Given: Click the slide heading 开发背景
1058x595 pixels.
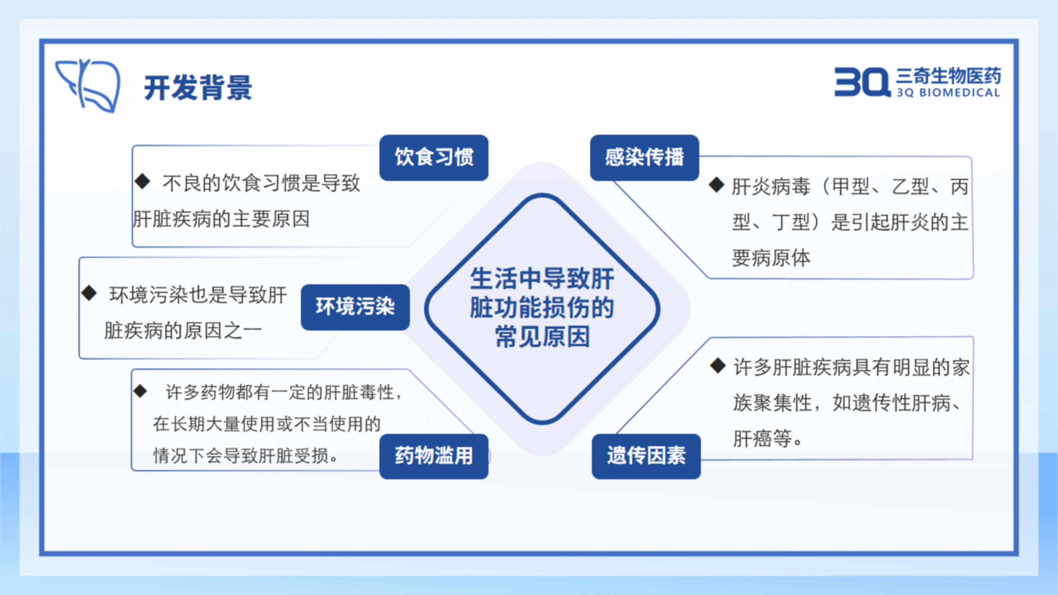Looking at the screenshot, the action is point(198,88).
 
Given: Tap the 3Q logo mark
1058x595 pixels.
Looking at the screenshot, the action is point(862,82).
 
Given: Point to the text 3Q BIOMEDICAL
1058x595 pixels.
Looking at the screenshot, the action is point(948,92).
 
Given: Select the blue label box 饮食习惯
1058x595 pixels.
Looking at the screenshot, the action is point(434,158).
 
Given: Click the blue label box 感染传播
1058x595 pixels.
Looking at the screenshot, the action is point(644,158).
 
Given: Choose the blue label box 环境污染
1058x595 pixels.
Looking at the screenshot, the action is point(355,307).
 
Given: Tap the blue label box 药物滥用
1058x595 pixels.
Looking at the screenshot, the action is point(434,456).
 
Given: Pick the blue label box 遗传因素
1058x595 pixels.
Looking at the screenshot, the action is point(646,456).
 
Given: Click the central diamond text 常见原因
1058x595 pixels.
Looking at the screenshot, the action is point(543,337).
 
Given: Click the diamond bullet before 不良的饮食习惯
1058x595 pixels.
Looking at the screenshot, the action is point(142,181).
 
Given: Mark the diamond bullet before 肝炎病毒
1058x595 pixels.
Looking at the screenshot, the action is point(717,185).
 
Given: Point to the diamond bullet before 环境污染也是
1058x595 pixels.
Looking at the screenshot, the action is point(89,293).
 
